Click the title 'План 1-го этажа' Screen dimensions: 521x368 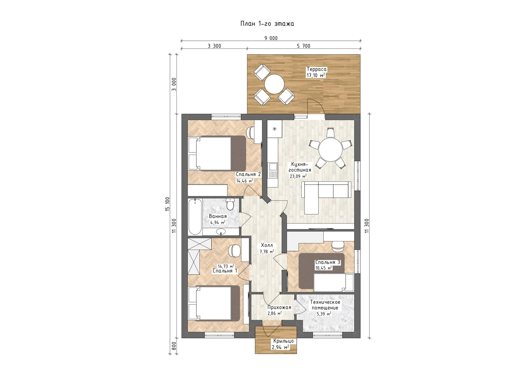(x=267, y=24)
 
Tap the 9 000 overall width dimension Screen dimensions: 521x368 (x=271, y=38)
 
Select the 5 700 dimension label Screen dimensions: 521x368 (x=303, y=46)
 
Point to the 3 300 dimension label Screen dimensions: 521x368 (x=214, y=46)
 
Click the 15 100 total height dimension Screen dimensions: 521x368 (x=168, y=204)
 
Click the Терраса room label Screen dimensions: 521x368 (x=317, y=69)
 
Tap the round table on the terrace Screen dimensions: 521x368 (x=274, y=84)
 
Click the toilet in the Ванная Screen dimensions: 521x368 (x=230, y=204)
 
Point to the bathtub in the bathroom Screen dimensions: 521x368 (x=195, y=217)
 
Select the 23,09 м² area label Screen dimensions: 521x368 (x=298, y=176)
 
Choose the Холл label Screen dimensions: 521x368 (x=267, y=245)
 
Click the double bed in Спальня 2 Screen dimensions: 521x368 (x=217, y=153)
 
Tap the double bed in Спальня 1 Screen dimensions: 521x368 (x=214, y=304)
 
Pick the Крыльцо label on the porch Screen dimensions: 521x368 (x=283, y=341)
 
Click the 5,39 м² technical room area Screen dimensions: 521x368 (x=324, y=314)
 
